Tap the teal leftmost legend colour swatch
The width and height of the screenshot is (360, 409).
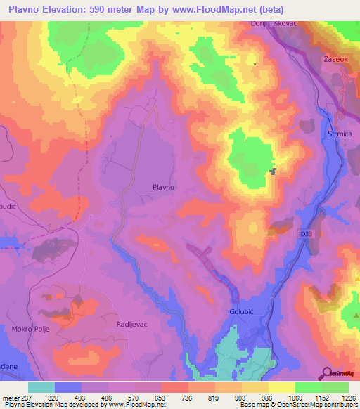click(41, 387)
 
